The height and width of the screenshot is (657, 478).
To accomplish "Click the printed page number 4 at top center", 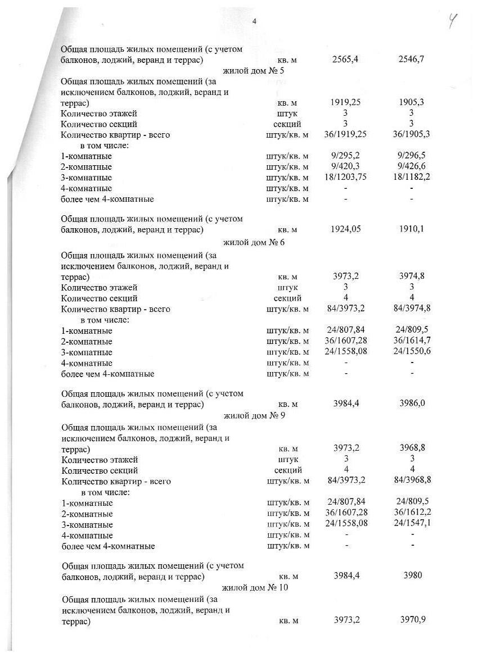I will pos(255,21).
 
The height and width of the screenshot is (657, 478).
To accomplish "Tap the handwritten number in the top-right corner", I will pos(452,22).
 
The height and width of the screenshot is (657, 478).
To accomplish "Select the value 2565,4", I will pos(346,59).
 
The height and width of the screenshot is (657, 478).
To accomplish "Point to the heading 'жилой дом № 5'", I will pos(254,70).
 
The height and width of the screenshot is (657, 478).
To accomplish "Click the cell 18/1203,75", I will pos(346,177).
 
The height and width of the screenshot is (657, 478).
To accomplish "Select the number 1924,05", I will pos(346,229).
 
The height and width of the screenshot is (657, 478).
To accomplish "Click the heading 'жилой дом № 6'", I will pos(254,242).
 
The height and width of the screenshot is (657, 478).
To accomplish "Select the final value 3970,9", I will pos(413,620).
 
